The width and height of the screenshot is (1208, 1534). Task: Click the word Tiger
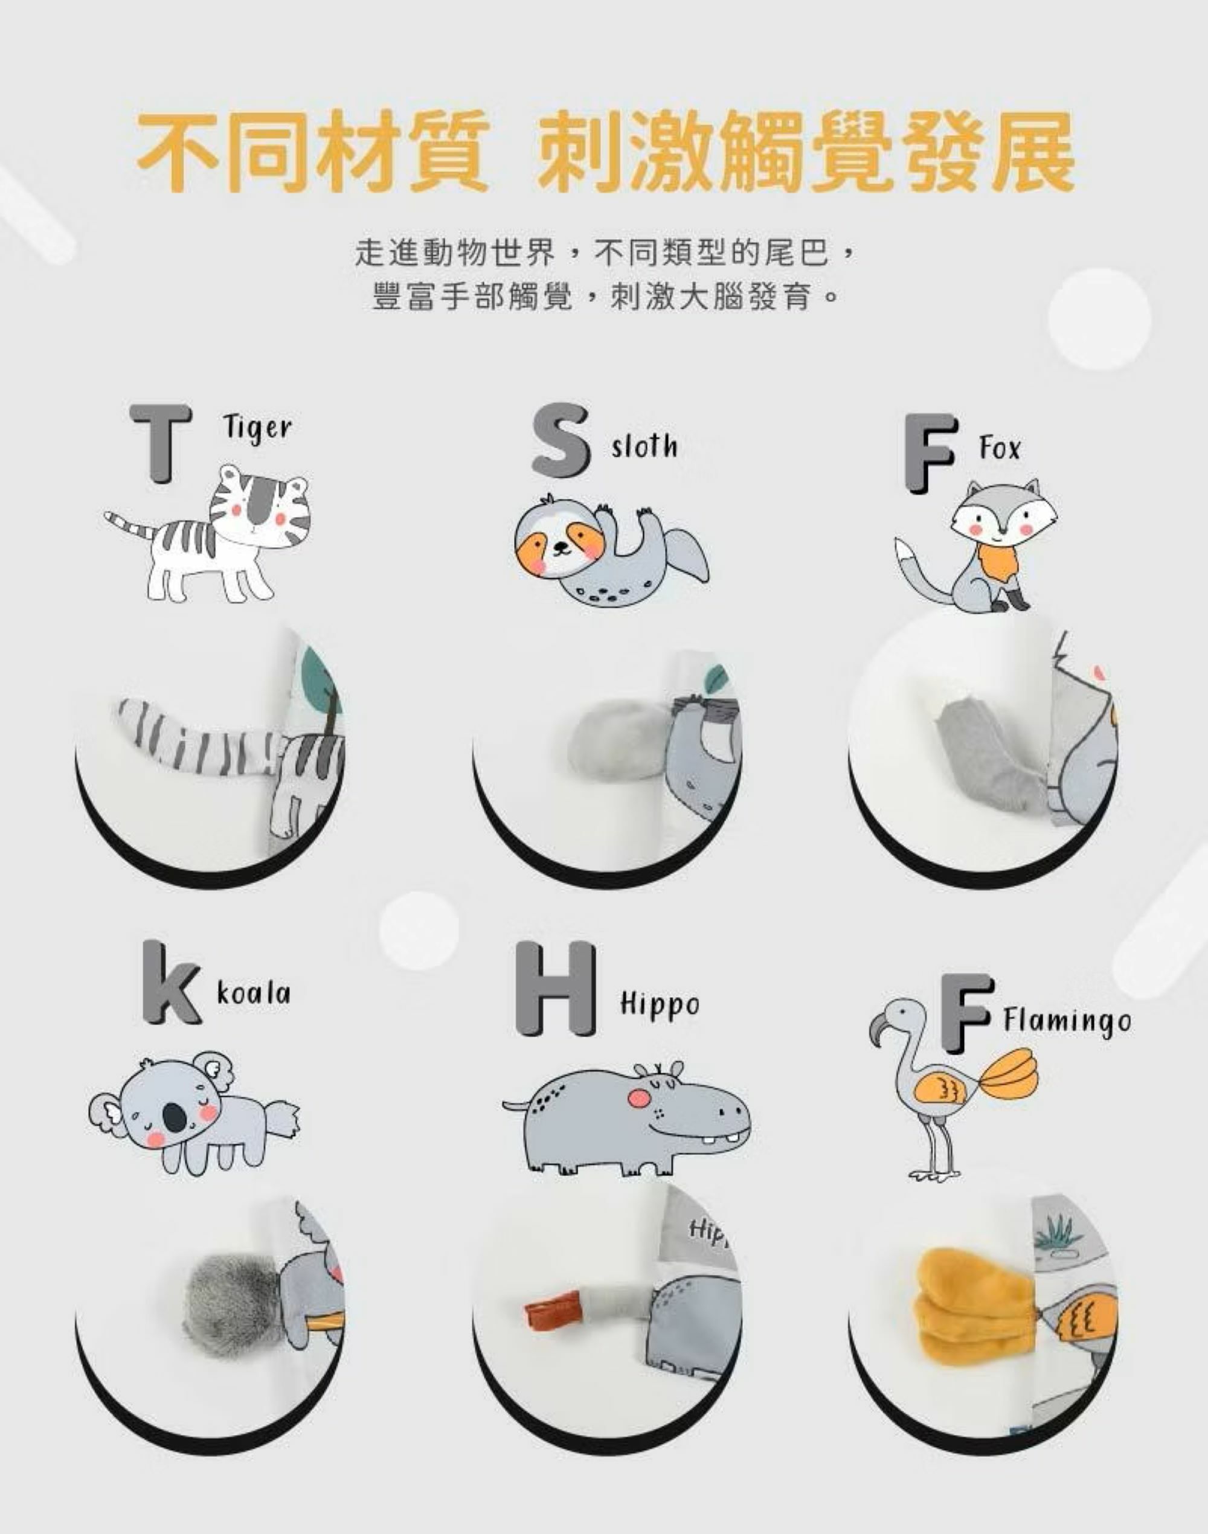point(257,428)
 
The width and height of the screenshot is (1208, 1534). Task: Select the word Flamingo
point(1067,1021)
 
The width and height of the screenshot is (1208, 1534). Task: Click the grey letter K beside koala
point(171,983)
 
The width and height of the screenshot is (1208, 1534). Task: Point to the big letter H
point(555,988)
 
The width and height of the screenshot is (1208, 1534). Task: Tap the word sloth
point(644,446)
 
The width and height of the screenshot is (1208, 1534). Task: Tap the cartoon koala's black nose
point(175,1117)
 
